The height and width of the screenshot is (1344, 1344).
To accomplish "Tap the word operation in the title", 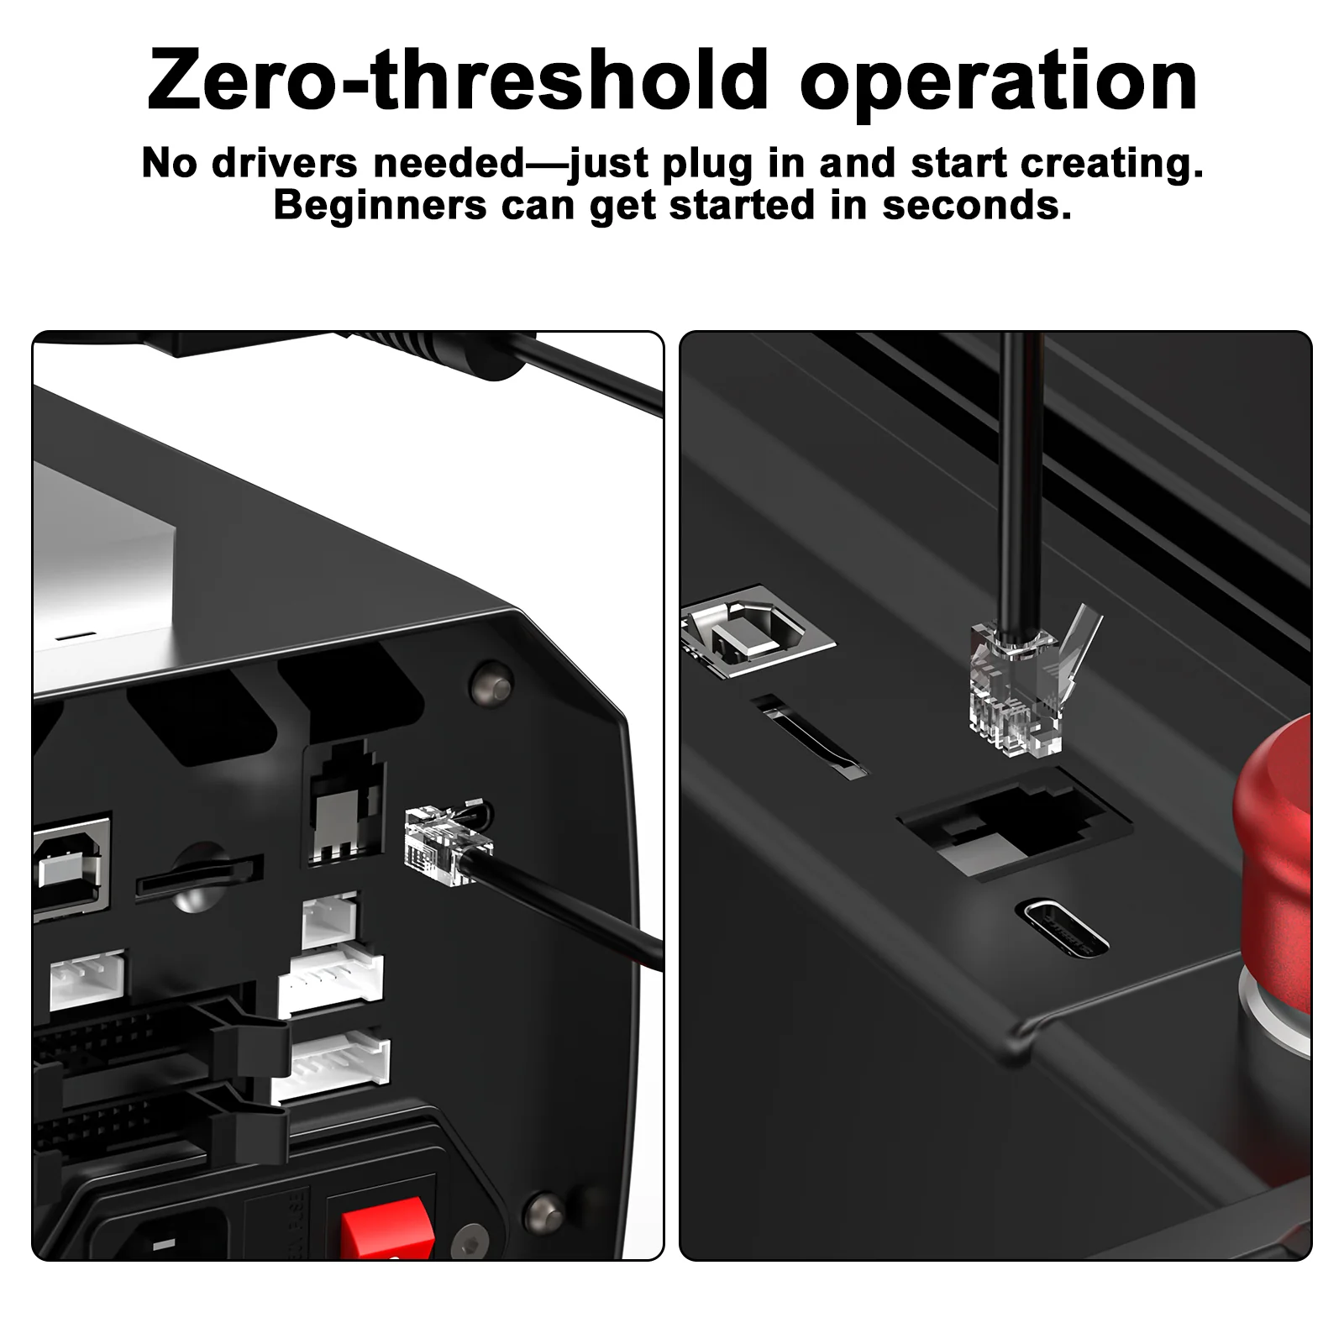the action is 1000,82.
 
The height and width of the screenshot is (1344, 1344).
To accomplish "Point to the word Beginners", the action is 381,206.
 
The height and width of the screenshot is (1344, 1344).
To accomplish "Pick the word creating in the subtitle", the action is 1112,163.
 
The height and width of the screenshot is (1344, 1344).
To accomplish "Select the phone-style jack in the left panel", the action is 345,802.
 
